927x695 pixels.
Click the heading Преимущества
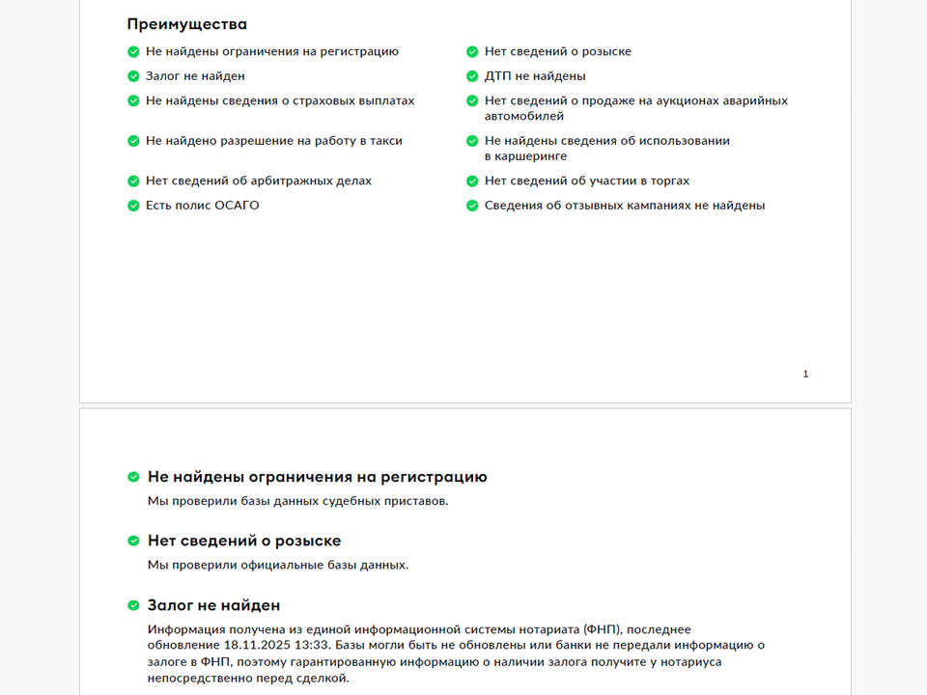186,24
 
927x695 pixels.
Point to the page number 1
805,374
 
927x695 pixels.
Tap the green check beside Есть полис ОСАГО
133,206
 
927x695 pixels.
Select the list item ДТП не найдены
535,76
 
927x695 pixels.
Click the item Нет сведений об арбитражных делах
258,181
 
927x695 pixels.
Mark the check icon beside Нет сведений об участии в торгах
472,181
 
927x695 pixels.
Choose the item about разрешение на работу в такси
273,141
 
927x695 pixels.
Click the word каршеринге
525,156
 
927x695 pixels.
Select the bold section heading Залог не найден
213,605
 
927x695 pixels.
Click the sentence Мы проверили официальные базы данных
278,565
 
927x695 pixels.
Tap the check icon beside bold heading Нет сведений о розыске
133,541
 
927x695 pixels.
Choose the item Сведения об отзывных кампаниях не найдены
624,206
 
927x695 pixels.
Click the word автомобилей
524,116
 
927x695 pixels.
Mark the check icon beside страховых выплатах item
133,100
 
